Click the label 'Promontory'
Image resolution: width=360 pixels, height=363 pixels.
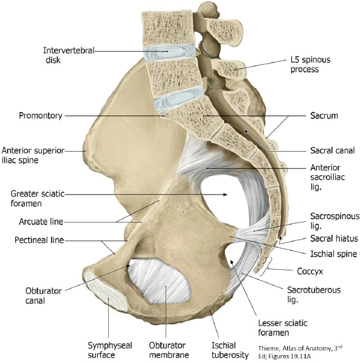coord(41,116)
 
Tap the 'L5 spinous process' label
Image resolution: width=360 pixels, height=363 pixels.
coord(310,64)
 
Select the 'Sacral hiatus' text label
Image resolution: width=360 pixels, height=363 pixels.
coord(334,238)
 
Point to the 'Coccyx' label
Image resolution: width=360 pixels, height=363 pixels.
coord(310,271)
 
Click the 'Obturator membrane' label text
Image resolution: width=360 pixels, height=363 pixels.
coord(169,350)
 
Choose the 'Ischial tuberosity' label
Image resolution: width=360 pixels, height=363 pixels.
coord(230,350)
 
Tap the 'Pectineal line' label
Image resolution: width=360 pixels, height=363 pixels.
coord(39,240)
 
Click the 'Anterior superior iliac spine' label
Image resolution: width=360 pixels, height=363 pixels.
coord(33,155)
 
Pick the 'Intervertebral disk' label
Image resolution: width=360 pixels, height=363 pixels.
coord(69,55)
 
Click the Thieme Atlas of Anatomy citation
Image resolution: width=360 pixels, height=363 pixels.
coord(300,352)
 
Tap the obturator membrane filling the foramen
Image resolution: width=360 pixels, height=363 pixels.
coord(159,282)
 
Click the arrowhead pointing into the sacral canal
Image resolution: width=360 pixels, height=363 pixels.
coord(246,131)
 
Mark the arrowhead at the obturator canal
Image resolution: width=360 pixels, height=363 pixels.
coord(128,267)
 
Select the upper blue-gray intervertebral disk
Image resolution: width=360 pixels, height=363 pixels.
coord(169,53)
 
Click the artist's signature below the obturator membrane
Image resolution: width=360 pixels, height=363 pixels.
coord(144,309)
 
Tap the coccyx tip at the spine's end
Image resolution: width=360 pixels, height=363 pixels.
coord(256,270)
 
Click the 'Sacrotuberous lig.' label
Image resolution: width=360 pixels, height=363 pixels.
coord(313,295)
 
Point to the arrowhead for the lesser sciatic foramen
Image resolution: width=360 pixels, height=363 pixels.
coord(231,262)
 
